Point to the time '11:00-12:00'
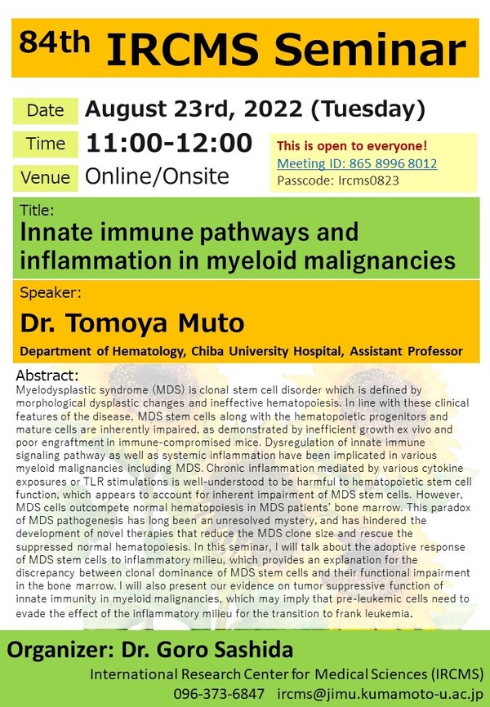coord(169,143)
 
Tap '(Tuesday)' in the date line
coord(375,109)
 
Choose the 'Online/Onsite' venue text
coord(158,176)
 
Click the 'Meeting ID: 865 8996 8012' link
coord(357,163)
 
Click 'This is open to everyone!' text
coord(352,146)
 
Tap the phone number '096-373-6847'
coord(219,693)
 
